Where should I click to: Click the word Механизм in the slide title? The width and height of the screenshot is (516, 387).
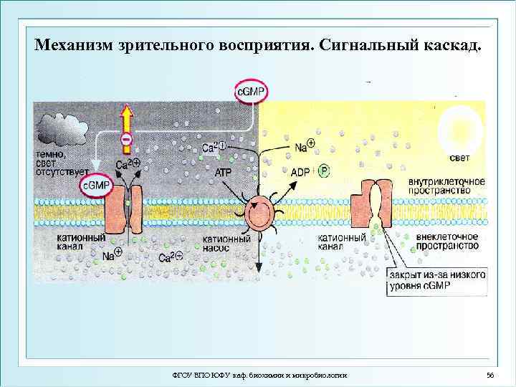(71, 46)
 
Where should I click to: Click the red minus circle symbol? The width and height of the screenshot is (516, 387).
(126, 138)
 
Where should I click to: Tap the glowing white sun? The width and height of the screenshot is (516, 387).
(457, 126)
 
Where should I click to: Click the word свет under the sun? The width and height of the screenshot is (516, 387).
(459, 157)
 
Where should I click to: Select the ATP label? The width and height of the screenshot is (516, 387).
(224, 173)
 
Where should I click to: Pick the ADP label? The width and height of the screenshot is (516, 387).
(300, 172)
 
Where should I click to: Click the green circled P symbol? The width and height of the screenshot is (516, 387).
(324, 171)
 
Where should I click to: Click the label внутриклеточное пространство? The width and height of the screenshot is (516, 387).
(446, 186)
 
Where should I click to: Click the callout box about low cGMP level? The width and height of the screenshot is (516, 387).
(436, 280)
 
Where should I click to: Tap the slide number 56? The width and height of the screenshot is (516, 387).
(490, 375)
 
